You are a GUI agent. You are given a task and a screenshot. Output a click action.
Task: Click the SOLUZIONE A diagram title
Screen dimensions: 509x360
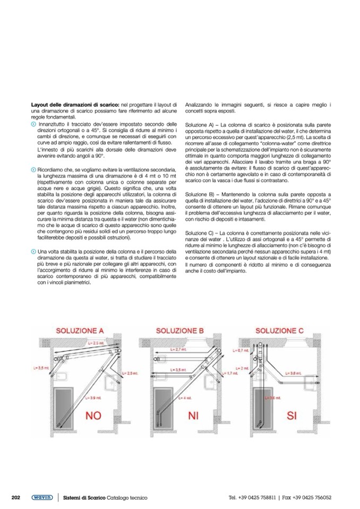tap(81, 331)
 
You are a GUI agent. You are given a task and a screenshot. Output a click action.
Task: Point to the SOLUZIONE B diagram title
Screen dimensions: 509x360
tap(179, 331)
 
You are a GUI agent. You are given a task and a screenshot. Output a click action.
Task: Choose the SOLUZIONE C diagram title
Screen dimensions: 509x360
tap(279, 331)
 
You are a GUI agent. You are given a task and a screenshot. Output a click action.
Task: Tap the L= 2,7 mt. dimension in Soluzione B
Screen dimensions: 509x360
tap(178, 350)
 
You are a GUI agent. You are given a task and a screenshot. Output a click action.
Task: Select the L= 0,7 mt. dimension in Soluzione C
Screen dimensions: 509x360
tap(243, 351)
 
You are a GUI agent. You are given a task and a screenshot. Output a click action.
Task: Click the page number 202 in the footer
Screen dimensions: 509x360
tap(16, 497)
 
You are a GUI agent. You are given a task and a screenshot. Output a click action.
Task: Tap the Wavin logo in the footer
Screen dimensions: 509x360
tap(41, 497)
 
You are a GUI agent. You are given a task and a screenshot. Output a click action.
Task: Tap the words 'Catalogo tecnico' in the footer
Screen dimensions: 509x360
tap(127, 497)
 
